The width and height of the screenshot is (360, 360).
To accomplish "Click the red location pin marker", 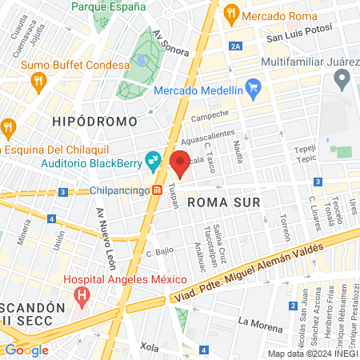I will tap(180, 164).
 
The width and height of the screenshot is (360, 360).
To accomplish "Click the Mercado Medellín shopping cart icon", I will tap(253, 87).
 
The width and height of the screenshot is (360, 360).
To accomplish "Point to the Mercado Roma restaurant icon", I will tap(231, 14).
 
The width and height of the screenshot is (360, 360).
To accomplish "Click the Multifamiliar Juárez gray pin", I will tap(342, 78).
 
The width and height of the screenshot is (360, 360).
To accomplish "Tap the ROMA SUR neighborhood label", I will tap(223, 202).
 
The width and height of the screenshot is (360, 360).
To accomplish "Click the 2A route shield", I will tap(234, 47).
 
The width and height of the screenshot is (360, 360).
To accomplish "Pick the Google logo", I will tap(26, 350).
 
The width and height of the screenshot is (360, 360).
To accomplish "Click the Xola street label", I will tap(149, 347).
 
